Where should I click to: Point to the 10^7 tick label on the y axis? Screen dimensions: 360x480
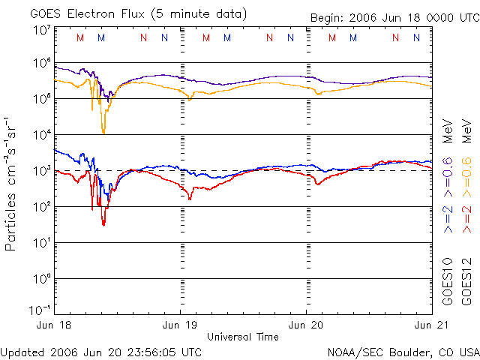42,30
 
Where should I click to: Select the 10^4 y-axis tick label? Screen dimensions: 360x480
42,134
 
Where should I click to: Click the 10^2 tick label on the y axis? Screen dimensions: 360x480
42,206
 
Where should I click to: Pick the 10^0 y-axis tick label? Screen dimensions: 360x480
42,278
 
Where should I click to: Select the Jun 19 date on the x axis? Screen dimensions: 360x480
181,325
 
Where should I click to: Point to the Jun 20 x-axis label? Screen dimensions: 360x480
307,325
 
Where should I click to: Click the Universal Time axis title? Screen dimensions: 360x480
243,337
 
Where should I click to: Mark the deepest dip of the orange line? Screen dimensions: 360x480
103,132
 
